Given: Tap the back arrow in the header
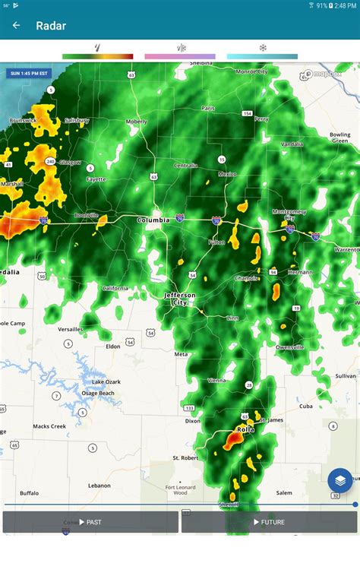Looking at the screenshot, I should point(16,25).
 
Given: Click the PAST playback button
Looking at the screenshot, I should point(90,522).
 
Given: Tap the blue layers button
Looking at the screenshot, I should point(340,480).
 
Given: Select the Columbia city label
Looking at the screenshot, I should point(153,220).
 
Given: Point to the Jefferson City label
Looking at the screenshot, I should point(180,298).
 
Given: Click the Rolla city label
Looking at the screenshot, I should point(245,429).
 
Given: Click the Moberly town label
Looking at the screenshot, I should point(137,121).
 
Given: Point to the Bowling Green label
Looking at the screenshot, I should point(340,138).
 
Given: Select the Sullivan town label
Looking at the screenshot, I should point(346,375).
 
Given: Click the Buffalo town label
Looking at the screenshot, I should point(29,492).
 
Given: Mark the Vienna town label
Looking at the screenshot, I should point(216,379).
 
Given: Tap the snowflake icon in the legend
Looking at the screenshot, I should point(263,48).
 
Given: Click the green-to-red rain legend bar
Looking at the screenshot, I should point(97,56).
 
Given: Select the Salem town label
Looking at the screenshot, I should point(284,492).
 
